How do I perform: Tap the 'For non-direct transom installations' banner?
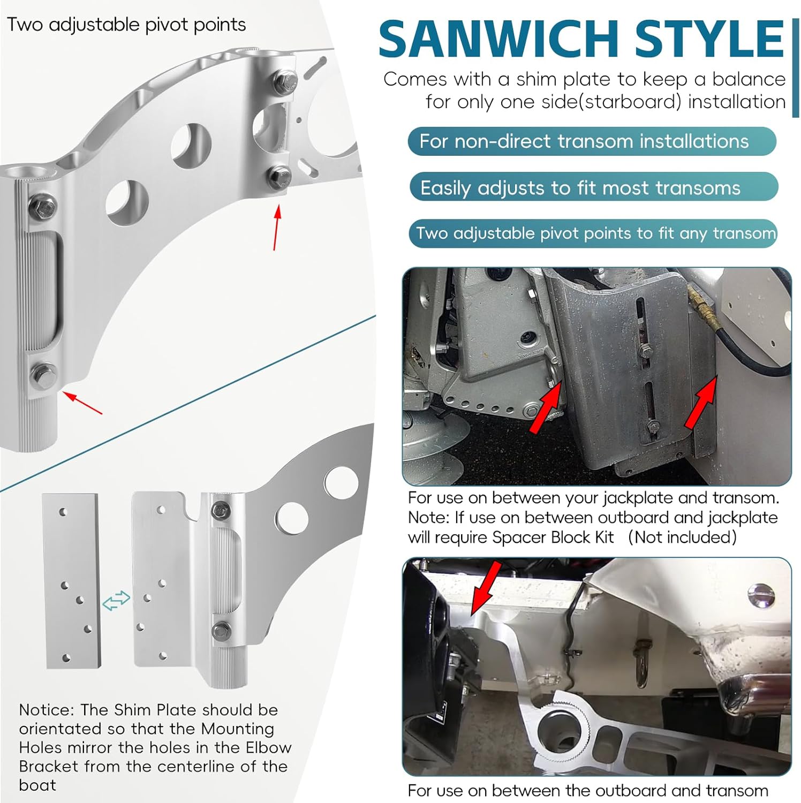coord(591,141)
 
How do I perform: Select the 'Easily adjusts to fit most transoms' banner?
coord(593,188)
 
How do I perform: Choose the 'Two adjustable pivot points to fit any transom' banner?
coord(593,233)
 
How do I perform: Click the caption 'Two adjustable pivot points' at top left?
coord(126,25)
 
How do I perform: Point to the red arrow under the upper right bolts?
coord(276,228)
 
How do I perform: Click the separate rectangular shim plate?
coord(71,581)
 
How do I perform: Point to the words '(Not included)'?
coord(682,537)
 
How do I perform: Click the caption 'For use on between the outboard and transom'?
coord(587,790)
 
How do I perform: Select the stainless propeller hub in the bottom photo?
coord(747,696)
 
